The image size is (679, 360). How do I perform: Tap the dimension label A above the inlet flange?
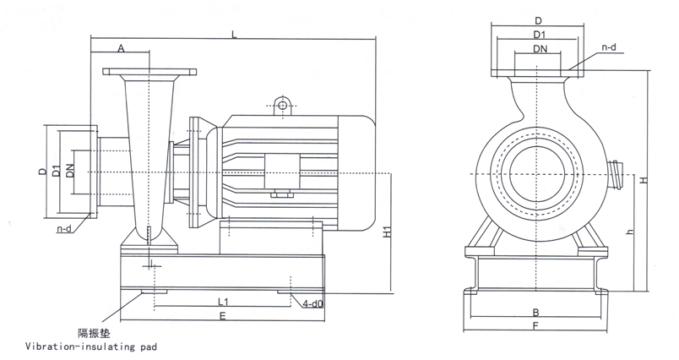121,50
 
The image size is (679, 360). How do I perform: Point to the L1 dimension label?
223,301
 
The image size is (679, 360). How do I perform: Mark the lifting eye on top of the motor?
280,106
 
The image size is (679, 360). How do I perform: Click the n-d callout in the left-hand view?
64,228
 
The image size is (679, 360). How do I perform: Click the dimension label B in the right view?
536,312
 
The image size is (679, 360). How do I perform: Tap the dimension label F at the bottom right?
536,325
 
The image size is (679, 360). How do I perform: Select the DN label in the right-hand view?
539,50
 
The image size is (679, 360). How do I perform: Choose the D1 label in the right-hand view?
539,35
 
